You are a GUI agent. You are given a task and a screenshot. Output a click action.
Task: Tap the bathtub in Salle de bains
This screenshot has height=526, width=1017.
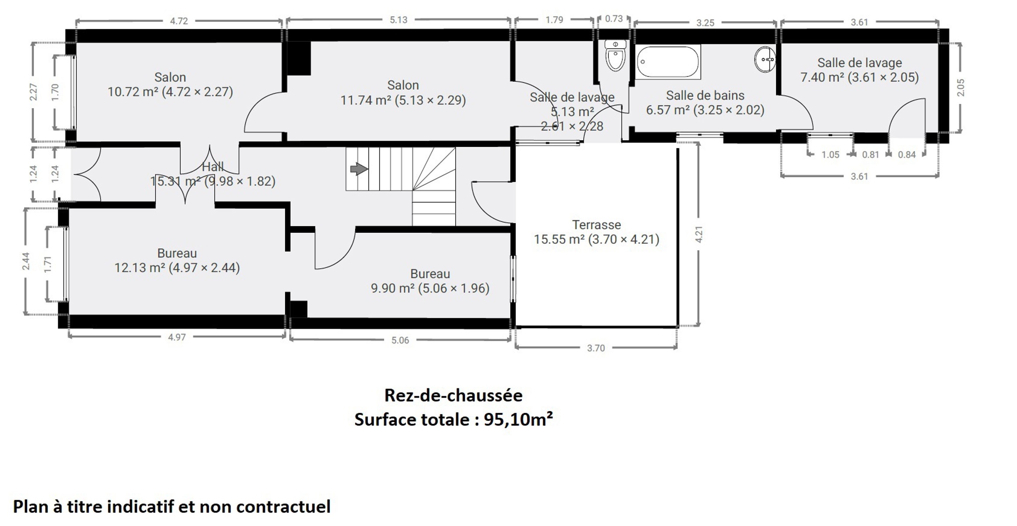pos(667,62)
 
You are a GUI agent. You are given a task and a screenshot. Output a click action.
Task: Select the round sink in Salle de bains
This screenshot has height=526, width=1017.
pos(765,59)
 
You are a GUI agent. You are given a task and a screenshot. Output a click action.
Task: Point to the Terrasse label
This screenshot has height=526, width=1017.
pos(597,225)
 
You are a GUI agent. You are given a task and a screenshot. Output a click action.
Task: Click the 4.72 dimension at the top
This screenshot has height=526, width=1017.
pos(179,21)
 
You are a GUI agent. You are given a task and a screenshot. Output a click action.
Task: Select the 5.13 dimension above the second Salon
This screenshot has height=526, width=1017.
pos(399,20)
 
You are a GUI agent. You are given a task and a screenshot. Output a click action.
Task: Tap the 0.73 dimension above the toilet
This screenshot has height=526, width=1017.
pos(614,19)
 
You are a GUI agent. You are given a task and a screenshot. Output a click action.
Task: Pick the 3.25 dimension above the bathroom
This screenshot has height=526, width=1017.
pos(705,23)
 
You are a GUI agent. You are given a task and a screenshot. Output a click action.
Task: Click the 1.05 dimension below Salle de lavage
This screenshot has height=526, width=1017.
pos(830,155)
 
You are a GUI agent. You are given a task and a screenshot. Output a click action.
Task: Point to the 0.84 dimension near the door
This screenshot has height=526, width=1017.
pos(907,155)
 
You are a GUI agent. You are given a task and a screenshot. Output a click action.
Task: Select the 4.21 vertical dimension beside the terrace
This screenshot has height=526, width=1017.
pos(699,234)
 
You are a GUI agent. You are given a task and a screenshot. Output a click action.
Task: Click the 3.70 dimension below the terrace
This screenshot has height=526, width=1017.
pos(596,348)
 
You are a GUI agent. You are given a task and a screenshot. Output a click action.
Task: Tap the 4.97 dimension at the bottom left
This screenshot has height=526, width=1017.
pos(177,337)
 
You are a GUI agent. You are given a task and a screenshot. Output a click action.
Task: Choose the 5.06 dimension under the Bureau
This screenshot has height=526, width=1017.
pos(400,340)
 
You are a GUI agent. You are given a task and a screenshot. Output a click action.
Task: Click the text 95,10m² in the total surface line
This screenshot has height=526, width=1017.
pos(518,419)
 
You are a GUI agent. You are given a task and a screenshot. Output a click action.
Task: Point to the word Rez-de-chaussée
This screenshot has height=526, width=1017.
pos(453,395)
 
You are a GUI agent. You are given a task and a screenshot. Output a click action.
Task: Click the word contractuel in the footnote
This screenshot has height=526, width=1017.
pos(283,507)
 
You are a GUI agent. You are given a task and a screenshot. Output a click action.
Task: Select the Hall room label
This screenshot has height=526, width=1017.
pos(213,167)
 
